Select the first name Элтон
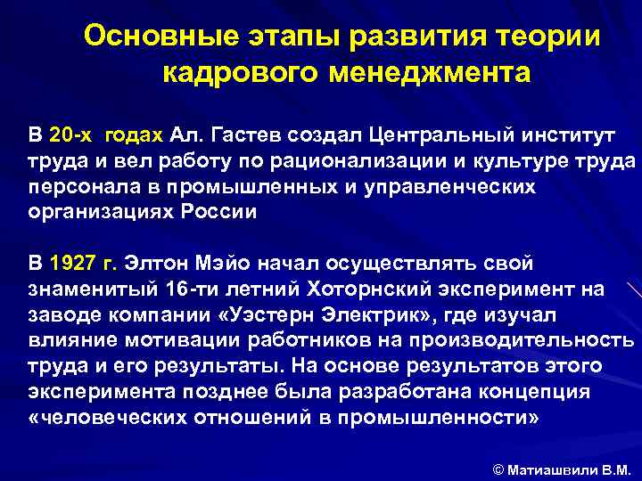coord(158,264)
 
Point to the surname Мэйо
coord(224,264)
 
